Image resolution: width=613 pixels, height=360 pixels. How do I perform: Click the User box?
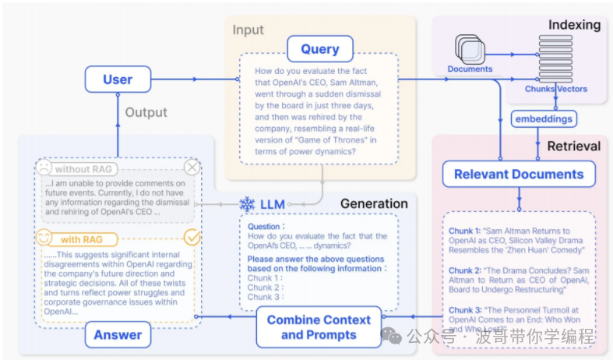[x=118, y=79]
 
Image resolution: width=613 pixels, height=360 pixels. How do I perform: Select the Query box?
[x=319, y=48]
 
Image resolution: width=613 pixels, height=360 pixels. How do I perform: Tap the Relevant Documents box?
[x=519, y=174]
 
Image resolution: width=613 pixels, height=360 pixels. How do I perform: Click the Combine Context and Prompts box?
[x=319, y=327]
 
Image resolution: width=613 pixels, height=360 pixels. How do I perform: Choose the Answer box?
[x=118, y=335]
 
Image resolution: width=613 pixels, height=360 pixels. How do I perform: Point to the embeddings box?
[x=544, y=119]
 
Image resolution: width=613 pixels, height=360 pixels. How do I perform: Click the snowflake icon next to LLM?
[x=247, y=204]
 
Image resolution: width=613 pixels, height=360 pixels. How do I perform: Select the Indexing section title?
[x=574, y=25]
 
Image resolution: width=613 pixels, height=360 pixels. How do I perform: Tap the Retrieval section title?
[x=573, y=146]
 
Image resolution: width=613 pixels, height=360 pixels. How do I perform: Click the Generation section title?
[x=374, y=203]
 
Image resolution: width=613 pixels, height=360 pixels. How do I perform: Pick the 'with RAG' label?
[x=81, y=239]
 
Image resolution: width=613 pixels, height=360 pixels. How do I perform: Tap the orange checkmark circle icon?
[x=191, y=236]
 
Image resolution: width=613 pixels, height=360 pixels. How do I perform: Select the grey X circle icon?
[x=192, y=168]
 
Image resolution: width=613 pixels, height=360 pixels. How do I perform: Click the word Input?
[x=248, y=30]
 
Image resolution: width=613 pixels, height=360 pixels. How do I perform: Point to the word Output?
[x=146, y=112]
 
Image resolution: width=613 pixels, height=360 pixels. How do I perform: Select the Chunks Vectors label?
[x=555, y=89]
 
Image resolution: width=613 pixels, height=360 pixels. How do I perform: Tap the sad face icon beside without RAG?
[x=44, y=168]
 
